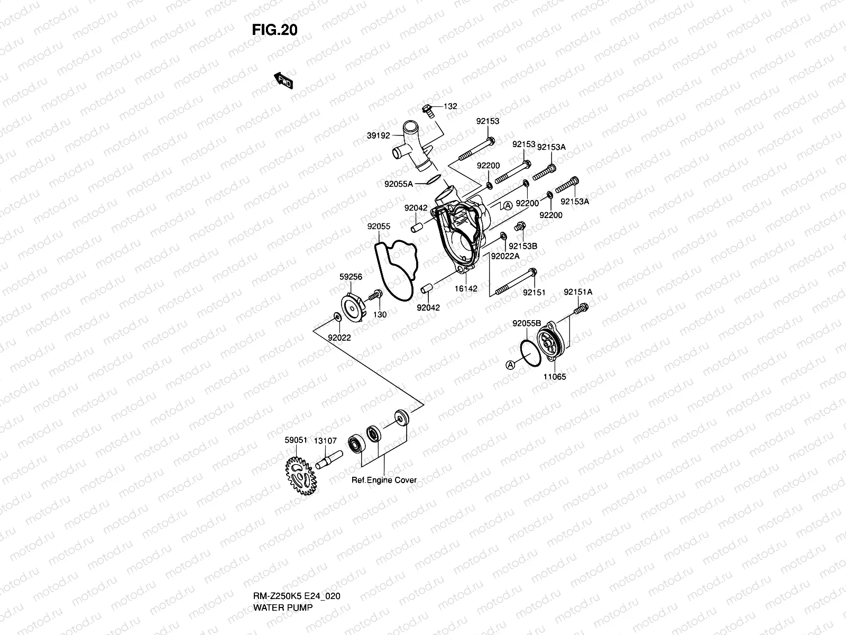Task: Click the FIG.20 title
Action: coord(274,30)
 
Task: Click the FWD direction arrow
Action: coord(283,80)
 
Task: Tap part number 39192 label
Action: coord(378,136)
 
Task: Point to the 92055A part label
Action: coord(399,184)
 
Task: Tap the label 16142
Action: coord(465,289)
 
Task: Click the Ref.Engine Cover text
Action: coord(384,480)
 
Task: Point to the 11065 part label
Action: coord(555,377)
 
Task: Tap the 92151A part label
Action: coord(578,292)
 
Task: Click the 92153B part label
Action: coord(523,246)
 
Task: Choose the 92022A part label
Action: coord(505,256)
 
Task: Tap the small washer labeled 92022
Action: coord(336,317)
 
